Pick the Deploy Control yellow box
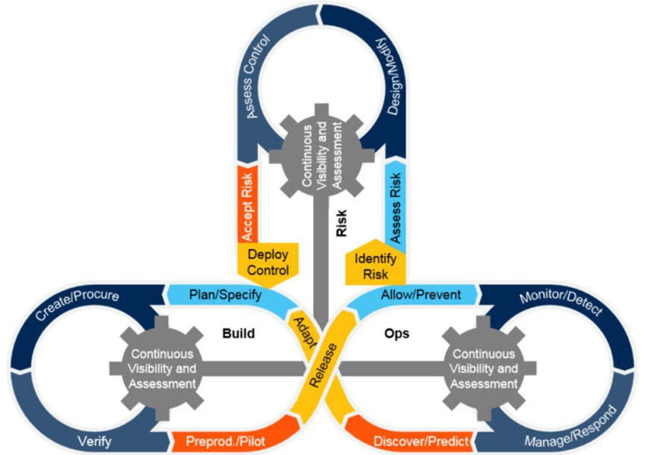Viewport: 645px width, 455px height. (x=268, y=262)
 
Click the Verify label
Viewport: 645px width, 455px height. (x=93, y=442)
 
